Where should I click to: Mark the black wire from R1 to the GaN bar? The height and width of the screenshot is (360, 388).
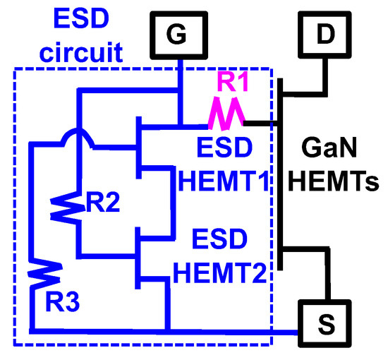262,122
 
